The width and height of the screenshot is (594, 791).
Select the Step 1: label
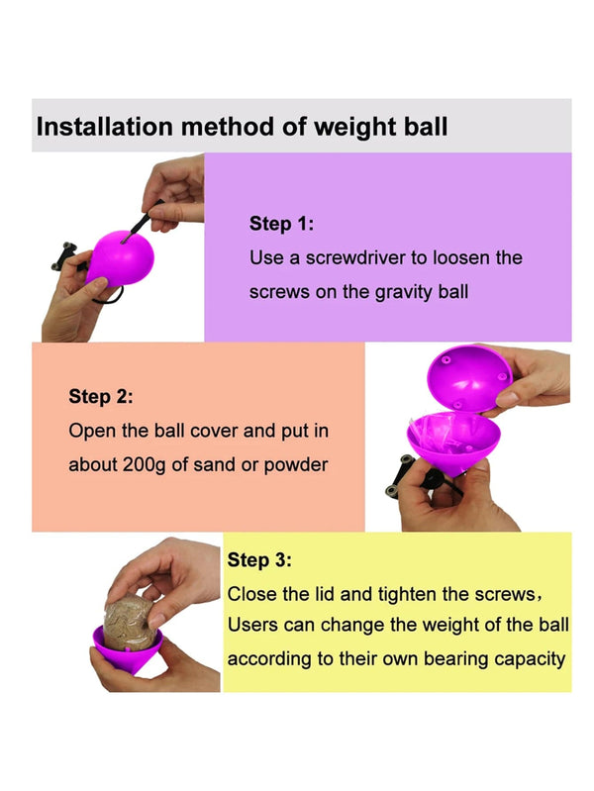(281, 224)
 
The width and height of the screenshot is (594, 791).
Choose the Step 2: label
(100, 397)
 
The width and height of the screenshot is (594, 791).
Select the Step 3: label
(259, 560)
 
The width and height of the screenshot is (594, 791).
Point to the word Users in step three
(253, 626)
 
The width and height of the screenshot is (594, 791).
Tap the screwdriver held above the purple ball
(141, 220)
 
